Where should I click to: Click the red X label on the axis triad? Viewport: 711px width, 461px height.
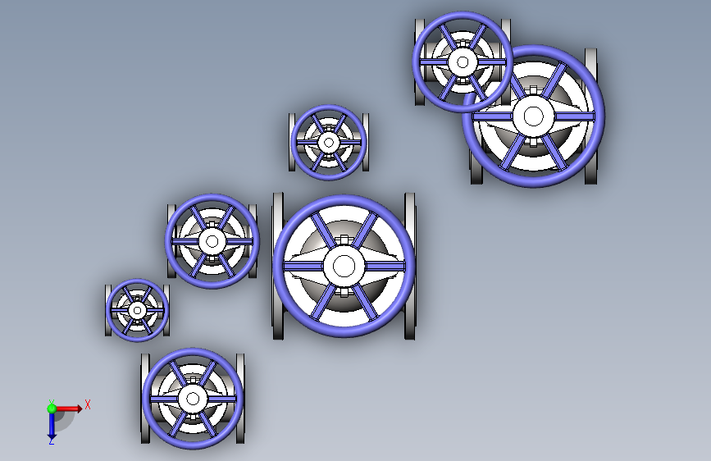pyautogui.click(x=88, y=404)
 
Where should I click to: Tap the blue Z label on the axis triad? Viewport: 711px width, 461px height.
pyautogui.click(x=51, y=441)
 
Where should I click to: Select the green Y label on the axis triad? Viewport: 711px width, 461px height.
pyautogui.click(x=52, y=403)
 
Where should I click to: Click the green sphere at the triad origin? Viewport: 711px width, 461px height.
pyautogui.click(x=52, y=409)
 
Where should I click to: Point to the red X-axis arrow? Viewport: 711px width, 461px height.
pyautogui.click(x=68, y=409)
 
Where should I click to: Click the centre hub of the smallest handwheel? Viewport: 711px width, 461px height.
pyautogui.click(x=138, y=310)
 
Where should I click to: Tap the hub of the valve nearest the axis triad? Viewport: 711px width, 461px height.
pyautogui.click(x=193, y=399)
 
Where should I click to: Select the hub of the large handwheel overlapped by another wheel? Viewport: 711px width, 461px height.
pyautogui.click(x=533, y=116)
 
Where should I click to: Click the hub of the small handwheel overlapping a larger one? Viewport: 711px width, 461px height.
pyautogui.click(x=463, y=62)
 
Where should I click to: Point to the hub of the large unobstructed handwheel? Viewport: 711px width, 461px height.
pyautogui.click(x=344, y=267)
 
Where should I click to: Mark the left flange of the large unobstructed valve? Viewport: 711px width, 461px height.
pyautogui.click(x=278, y=266)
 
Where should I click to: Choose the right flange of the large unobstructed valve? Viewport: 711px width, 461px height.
pyautogui.click(x=409, y=266)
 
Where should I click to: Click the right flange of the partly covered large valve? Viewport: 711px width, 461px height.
pyautogui.click(x=590, y=116)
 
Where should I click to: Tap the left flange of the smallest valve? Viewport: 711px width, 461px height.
pyautogui.click(x=108, y=310)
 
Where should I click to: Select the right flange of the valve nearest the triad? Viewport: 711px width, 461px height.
pyautogui.click(x=240, y=399)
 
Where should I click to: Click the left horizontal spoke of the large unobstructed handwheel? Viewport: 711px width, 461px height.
pyautogui.click(x=303, y=267)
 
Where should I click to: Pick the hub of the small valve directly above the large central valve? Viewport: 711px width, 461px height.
pyautogui.click(x=329, y=143)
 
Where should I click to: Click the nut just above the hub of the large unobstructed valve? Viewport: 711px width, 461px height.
pyautogui.click(x=344, y=240)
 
